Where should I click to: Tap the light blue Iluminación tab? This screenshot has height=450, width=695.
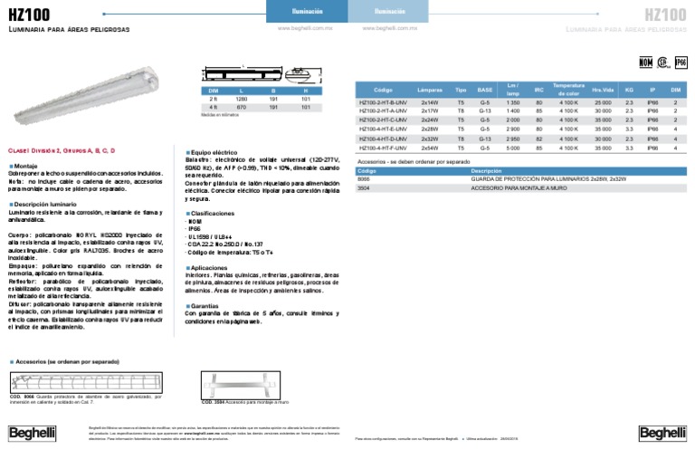coord(389,12)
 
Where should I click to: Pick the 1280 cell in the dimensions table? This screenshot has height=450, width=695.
coord(243,100)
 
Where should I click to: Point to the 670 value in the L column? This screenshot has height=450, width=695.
coord(243,108)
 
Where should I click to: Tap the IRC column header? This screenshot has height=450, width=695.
coord(539,91)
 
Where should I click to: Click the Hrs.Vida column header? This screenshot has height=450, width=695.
coord(602,91)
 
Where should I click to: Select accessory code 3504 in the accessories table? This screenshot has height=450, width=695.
coord(365,186)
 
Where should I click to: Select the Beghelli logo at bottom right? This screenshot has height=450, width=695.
coord(662,433)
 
